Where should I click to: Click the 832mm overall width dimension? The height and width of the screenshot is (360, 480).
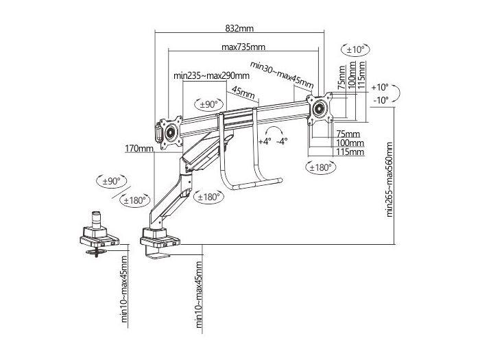(239, 28)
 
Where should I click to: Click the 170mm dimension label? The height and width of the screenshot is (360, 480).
(139, 148)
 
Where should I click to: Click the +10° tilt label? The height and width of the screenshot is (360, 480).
(379, 88)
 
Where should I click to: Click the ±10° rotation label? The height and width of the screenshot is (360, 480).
(356, 49)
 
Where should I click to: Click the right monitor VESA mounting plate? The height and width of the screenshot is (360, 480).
(320, 107)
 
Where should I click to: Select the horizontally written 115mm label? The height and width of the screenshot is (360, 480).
(350, 152)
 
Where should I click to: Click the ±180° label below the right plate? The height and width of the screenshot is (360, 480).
(320, 167)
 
